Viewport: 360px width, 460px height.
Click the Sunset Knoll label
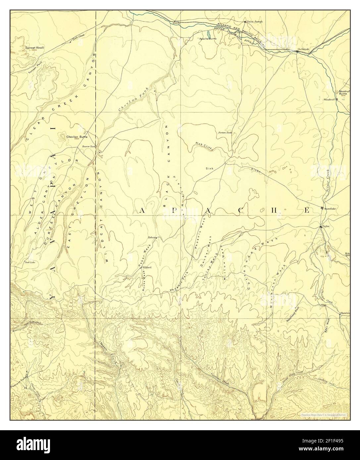pyautogui.click(x=35, y=48)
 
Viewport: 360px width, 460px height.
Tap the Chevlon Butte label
pyautogui.click(x=77, y=136)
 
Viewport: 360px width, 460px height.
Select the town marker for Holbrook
pyautogui.click(x=297, y=52)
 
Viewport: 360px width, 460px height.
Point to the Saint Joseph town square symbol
pyautogui.click(x=245, y=22)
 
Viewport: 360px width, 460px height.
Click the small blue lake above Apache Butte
pyautogui.click(x=208, y=34)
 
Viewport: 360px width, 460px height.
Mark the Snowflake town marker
pyautogui.click(x=322, y=208)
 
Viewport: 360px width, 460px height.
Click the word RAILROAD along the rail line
pyautogui.click(x=255, y=34)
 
